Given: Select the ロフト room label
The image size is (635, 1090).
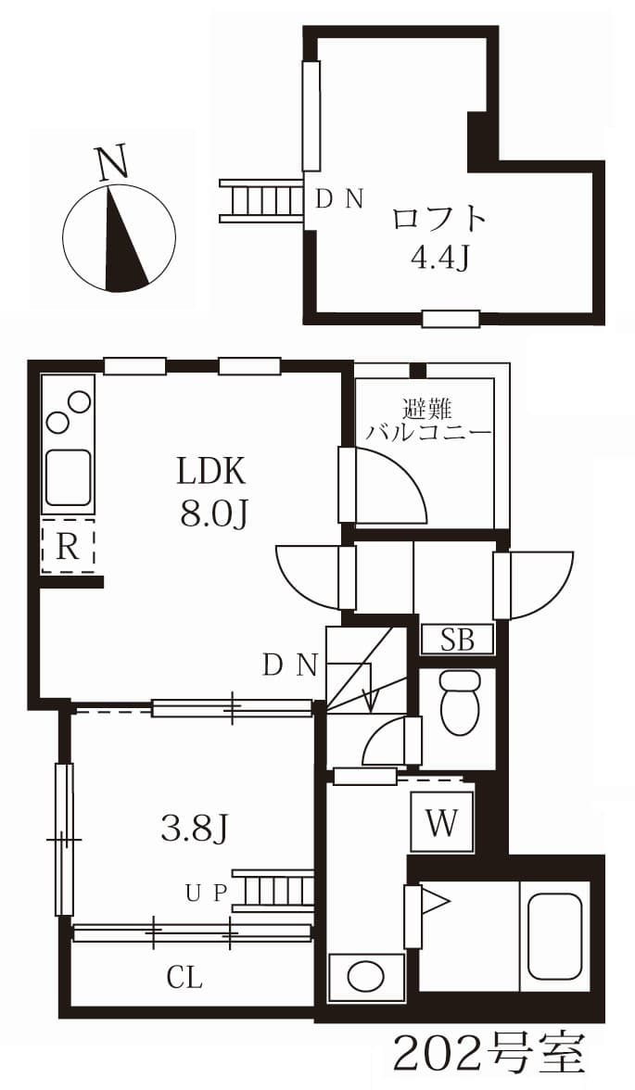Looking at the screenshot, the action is tap(438, 219).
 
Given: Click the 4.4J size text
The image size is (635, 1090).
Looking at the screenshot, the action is tap(438, 258).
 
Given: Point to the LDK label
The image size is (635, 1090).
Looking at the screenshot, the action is tap(211, 473).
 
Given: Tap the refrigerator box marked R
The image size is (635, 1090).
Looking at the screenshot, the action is tap(68, 547).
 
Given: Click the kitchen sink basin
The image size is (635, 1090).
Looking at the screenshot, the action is tap(69, 476).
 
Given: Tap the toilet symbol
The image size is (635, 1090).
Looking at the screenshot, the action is tap(460, 703).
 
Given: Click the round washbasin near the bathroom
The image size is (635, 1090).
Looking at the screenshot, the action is tap(366, 977).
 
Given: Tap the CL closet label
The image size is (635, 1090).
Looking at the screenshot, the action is tap(184, 978).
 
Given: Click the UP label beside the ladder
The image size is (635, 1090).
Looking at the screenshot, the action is tap(207, 893).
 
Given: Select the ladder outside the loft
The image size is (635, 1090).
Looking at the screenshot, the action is tap(262, 201).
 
